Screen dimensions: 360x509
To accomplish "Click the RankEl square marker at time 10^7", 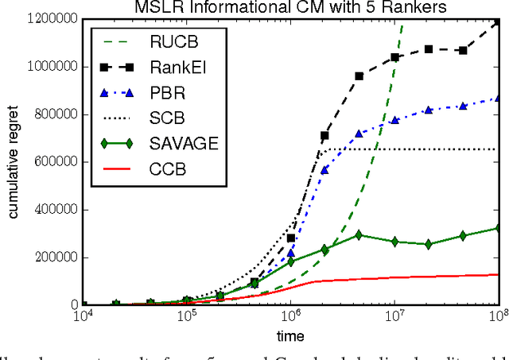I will [x=395, y=57].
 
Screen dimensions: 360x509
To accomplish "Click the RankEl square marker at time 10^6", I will [x=291, y=238].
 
